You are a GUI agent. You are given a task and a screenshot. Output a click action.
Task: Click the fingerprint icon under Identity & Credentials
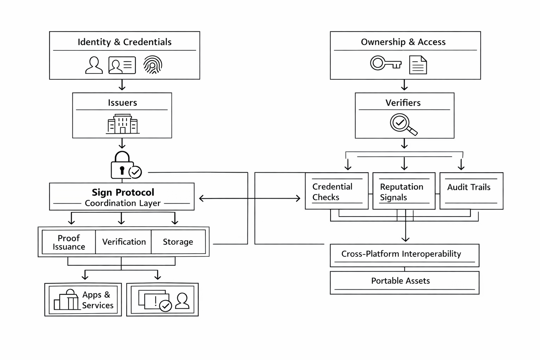click(153, 65)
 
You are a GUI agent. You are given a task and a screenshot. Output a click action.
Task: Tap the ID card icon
click(122, 65)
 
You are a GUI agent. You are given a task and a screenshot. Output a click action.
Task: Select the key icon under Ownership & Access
click(386, 63)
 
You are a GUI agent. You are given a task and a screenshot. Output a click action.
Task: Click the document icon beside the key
click(418, 65)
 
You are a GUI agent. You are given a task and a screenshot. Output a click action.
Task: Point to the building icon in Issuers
click(123, 124)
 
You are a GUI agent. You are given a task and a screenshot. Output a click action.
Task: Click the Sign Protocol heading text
click(123, 192)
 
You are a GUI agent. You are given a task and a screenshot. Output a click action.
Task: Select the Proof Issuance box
click(69, 242)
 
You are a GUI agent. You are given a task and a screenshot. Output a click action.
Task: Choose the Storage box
click(178, 242)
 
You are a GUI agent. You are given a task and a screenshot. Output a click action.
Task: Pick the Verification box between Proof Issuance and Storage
click(124, 242)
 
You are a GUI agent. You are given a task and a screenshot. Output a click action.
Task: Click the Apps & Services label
click(97, 300)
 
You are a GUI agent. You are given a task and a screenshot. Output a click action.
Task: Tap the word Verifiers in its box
click(403, 103)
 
